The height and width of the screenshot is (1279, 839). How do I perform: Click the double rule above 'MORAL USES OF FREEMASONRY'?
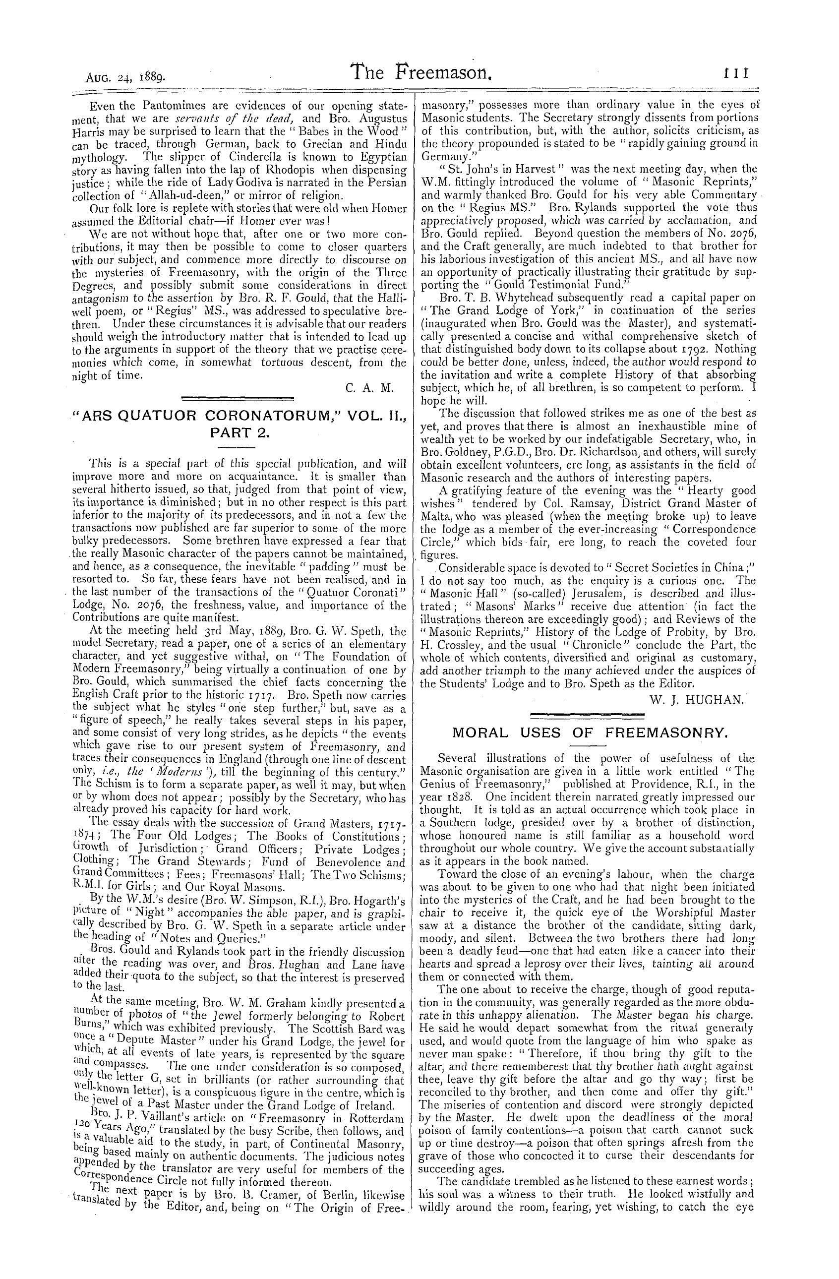[x=587, y=715]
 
